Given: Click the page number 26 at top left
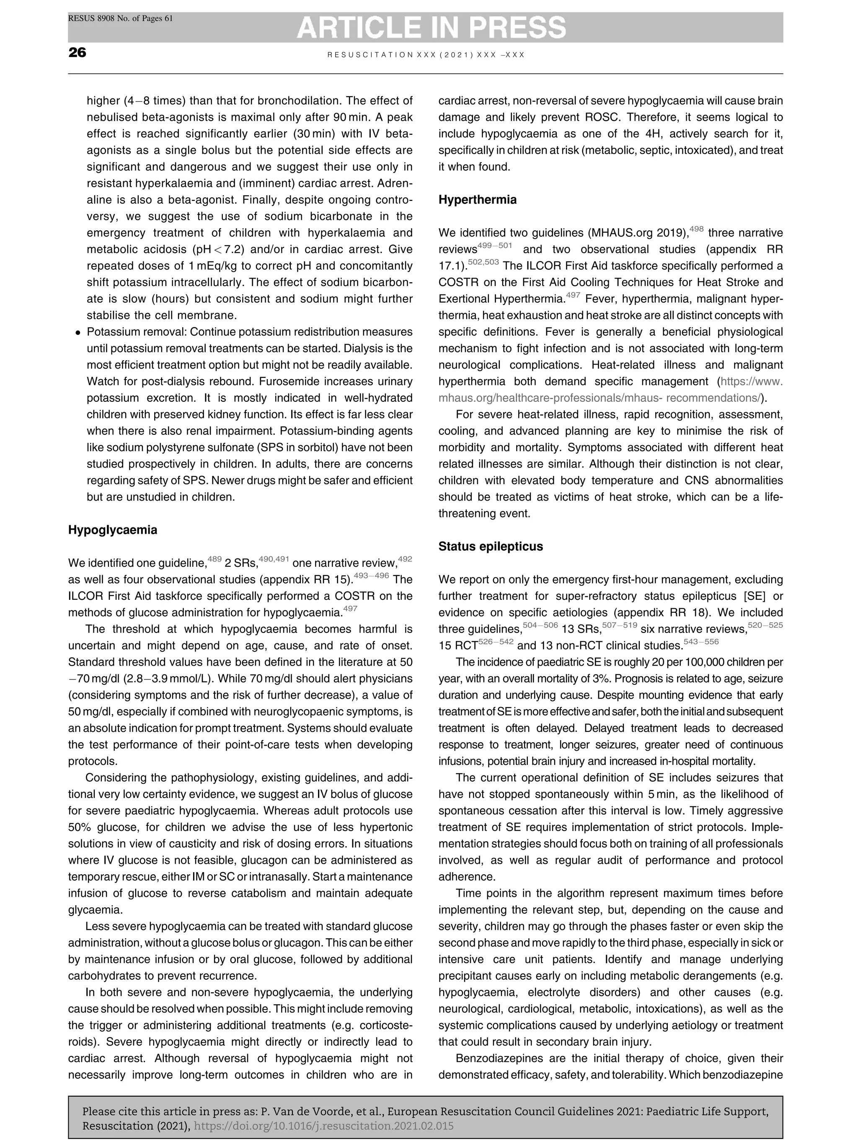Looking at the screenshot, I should (77, 52).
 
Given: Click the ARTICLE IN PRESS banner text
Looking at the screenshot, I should (432, 27).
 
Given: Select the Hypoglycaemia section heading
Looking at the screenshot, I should (113, 530).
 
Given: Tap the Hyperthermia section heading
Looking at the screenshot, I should (477, 200).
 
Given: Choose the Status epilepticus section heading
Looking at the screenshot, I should (490, 547).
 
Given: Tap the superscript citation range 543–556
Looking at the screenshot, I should (701, 642).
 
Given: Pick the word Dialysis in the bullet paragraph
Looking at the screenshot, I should (362, 349).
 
